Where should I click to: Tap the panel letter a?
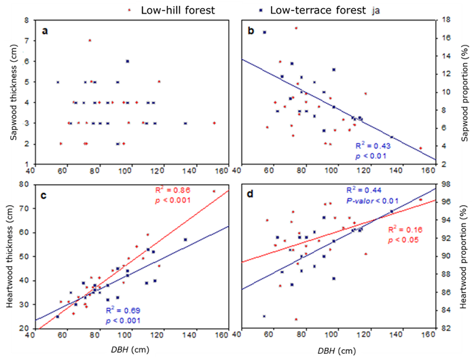tap(44, 31)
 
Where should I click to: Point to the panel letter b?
tap(251, 31)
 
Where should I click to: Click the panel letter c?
tap(44, 196)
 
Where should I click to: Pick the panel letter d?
tap(251, 196)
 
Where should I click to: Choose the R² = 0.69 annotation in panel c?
tap(173, 310)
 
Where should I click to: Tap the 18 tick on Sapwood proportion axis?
tap(441, 20)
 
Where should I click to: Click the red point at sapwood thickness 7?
tap(90, 40)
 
